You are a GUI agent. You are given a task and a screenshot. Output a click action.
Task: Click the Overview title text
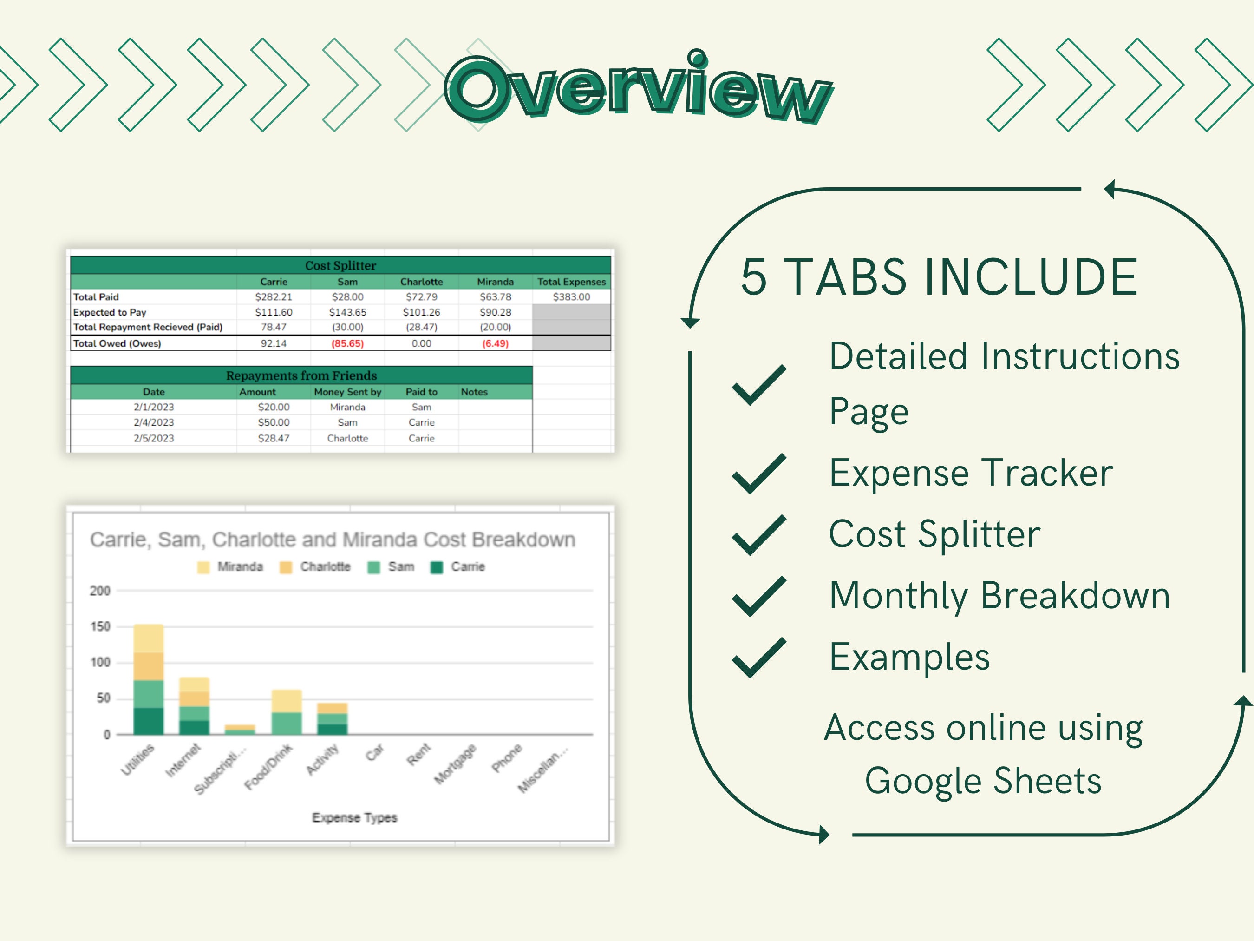tap(638, 90)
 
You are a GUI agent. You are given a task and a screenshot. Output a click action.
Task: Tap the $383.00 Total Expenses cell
tap(571, 296)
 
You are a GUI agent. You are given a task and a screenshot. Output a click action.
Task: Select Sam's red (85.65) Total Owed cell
tap(347, 343)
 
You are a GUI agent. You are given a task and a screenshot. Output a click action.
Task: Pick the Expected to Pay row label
tap(110, 312)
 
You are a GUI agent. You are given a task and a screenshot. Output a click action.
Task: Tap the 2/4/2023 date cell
tap(154, 422)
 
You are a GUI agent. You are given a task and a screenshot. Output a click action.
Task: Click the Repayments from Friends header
tap(301, 375)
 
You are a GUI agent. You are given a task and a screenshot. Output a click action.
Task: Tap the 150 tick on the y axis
tap(100, 626)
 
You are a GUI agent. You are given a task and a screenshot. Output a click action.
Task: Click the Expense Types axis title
tap(354, 817)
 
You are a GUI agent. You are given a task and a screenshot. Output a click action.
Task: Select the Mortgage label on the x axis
tap(455, 764)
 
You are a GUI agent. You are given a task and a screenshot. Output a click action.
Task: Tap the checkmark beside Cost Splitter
tap(758, 535)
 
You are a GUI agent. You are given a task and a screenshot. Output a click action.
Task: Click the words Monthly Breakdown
tap(999, 596)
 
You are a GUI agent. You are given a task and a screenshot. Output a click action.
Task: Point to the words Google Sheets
tap(983, 781)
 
